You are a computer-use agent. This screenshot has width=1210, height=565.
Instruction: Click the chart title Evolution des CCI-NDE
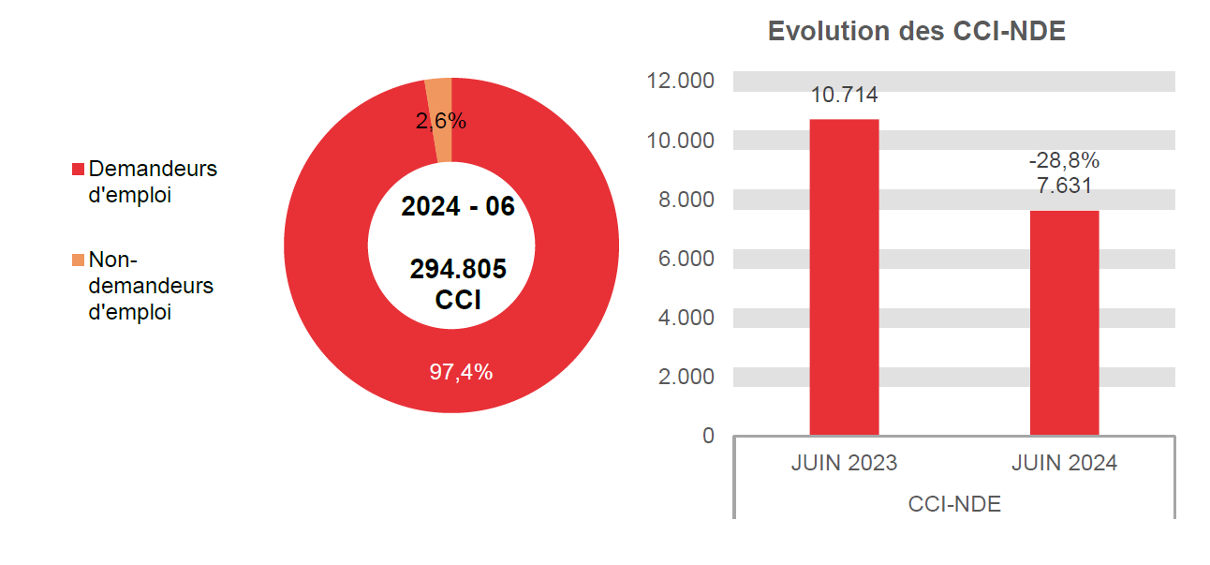(x=916, y=31)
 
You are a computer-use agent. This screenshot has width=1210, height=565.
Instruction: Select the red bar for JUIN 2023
(x=844, y=277)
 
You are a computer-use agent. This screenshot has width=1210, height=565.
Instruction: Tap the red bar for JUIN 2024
(x=1064, y=322)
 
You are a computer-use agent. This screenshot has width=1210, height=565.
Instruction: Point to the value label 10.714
(x=844, y=95)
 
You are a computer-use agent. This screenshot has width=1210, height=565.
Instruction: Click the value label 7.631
(x=1064, y=186)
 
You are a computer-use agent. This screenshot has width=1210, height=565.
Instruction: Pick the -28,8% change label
(x=1064, y=160)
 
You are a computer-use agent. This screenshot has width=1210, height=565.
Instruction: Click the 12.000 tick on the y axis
(x=680, y=82)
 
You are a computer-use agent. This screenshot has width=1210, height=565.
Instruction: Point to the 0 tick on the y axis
(x=708, y=436)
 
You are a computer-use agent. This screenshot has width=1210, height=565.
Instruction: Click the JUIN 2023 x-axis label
(x=844, y=464)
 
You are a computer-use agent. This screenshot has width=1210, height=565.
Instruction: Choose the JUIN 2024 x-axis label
(x=1064, y=464)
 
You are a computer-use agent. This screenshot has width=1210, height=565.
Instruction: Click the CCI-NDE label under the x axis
(x=953, y=504)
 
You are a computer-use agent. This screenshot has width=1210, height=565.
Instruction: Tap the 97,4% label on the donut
(x=461, y=372)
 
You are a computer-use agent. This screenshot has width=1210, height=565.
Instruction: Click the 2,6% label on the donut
(x=440, y=121)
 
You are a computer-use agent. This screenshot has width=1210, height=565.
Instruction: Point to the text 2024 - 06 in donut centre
(x=458, y=207)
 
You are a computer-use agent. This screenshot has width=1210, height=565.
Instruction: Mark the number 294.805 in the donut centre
(x=458, y=270)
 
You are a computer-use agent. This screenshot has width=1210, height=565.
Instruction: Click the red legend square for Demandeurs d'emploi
(x=79, y=170)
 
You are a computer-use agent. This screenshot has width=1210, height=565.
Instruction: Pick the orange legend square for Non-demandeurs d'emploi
(x=79, y=260)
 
